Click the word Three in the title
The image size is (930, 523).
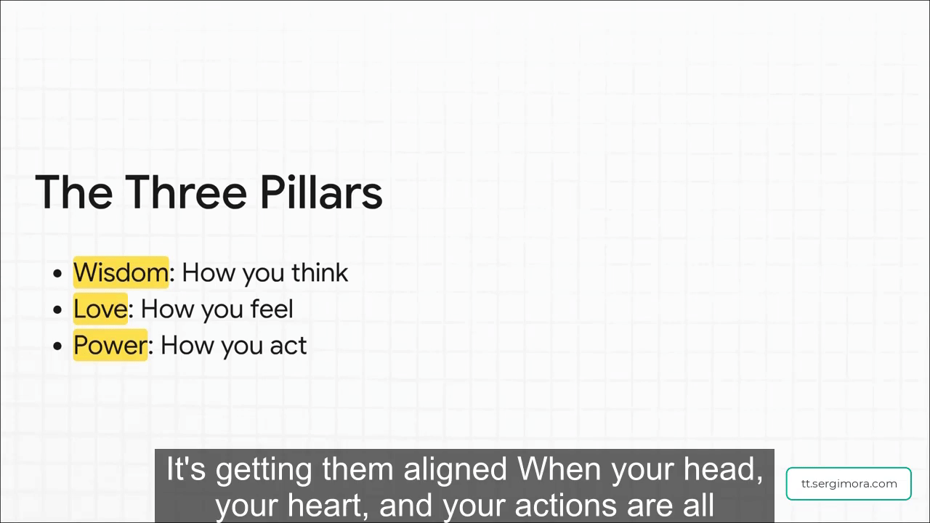pos(186,192)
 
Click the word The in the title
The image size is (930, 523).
pos(74,192)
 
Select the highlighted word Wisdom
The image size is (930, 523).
pos(121,272)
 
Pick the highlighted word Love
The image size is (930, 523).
pos(100,309)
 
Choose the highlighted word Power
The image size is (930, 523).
pos(110,345)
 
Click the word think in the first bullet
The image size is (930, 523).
pos(320,272)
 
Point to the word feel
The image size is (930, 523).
pos(272,309)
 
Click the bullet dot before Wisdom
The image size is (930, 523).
pos(57,274)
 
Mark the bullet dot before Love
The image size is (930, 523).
pos(57,309)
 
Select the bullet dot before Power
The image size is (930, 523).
pos(57,346)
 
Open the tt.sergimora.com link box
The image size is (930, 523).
pos(849,484)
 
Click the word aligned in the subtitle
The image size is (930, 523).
pos(455,470)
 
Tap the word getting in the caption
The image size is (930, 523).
pos(263,471)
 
